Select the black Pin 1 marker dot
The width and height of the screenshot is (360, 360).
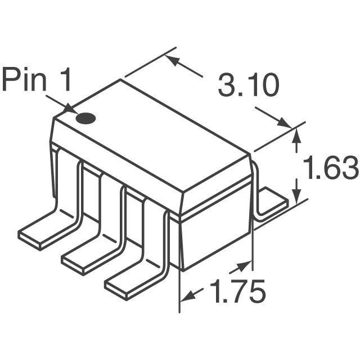coord(86,119)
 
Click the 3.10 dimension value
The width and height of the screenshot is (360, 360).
coord(248,87)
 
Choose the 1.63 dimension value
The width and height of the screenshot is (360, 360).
coord(330,169)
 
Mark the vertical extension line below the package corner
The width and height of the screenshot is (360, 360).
coord(179,292)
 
